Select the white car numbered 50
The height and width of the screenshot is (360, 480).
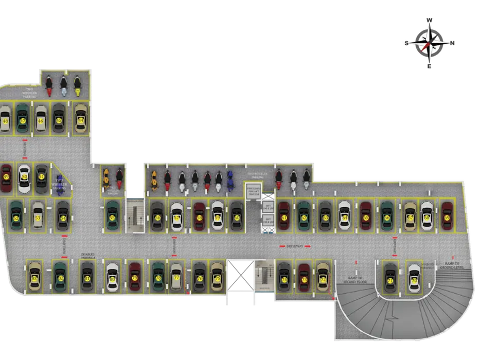click(24, 178)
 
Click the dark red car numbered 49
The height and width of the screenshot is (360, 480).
click(6, 178)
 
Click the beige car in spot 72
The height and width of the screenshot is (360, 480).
click(323, 278)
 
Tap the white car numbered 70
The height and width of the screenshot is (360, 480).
click(414, 280)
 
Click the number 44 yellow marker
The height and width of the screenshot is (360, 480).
click(81, 120)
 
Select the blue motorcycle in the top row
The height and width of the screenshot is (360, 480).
click(230, 179)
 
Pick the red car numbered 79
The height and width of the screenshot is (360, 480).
click(135, 278)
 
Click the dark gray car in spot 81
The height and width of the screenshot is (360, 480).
click(87, 278)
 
